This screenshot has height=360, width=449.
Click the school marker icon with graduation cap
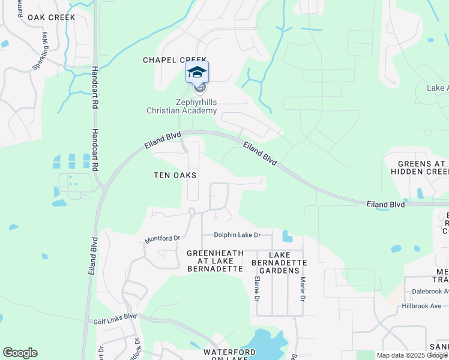pyautogui.click(x=197, y=73)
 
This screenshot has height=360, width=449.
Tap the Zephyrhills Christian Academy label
pyautogui.click(x=181, y=106)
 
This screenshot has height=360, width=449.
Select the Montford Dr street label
pyautogui.click(x=162, y=239)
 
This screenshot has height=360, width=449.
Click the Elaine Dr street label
pyautogui.click(x=257, y=288)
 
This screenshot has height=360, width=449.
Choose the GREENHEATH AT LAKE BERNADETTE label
pyautogui.click(x=215, y=261)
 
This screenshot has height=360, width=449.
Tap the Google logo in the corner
pyautogui.click(x=20, y=353)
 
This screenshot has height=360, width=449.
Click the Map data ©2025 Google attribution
pyautogui.click(x=411, y=355)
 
